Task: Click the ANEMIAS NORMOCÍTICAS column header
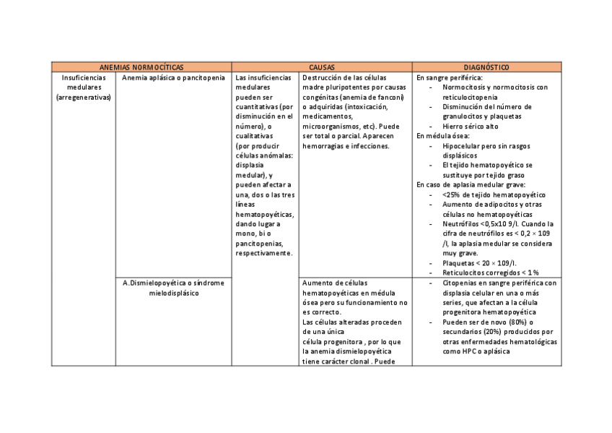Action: pyautogui.click(x=141, y=67)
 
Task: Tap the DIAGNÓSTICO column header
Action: pyautogui.click(x=486, y=67)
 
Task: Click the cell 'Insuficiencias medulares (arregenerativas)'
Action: pyautogui.click(x=84, y=87)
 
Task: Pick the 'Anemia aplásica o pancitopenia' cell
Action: pyautogui.click(x=173, y=77)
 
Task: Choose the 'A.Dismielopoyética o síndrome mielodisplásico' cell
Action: pyautogui.click(x=173, y=288)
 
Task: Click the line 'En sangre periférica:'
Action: pyautogui.click(x=450, y=77)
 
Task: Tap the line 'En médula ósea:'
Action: pyautogui.click(x=443, y=136)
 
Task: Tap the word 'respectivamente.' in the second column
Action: pyautogui.click(x=264, y=253)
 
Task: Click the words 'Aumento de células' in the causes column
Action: pyautogui.click(x=335, y=283)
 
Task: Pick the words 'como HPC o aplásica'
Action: pyautogui.click(x=476, y=351)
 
